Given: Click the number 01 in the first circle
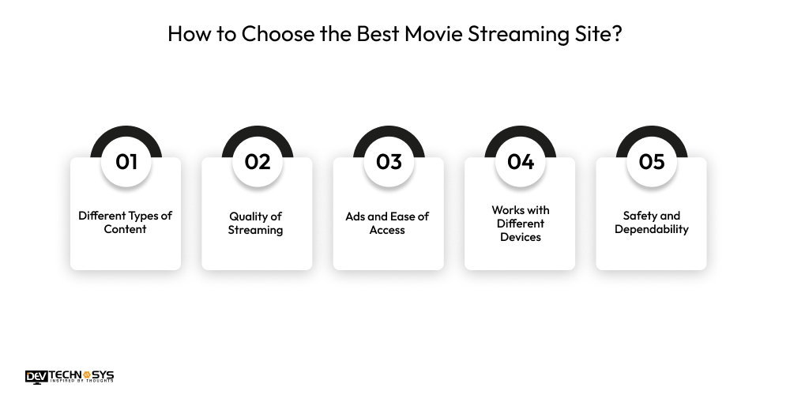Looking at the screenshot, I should [x=126, y=161].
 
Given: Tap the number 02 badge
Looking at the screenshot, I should [x=258, y=161].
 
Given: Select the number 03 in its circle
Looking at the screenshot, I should [x=389, y=161].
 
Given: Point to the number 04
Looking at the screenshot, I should [x=521, y=161].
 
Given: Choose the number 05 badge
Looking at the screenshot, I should [x=652, y=161].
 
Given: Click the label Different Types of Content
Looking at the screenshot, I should [x=126, y=222].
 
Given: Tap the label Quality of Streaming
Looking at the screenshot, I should [x=256, y=223].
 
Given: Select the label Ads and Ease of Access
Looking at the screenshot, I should [x=387, y=223].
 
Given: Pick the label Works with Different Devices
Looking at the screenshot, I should [x=521, y=223].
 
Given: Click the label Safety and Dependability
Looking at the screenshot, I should [x=652, y=222].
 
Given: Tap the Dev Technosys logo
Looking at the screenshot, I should [x=70, y=377].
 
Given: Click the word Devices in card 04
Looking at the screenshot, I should [x=521, y=236].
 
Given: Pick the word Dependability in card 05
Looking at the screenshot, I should [x=652, y=229].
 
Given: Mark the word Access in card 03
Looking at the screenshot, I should [x=387, y=230].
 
